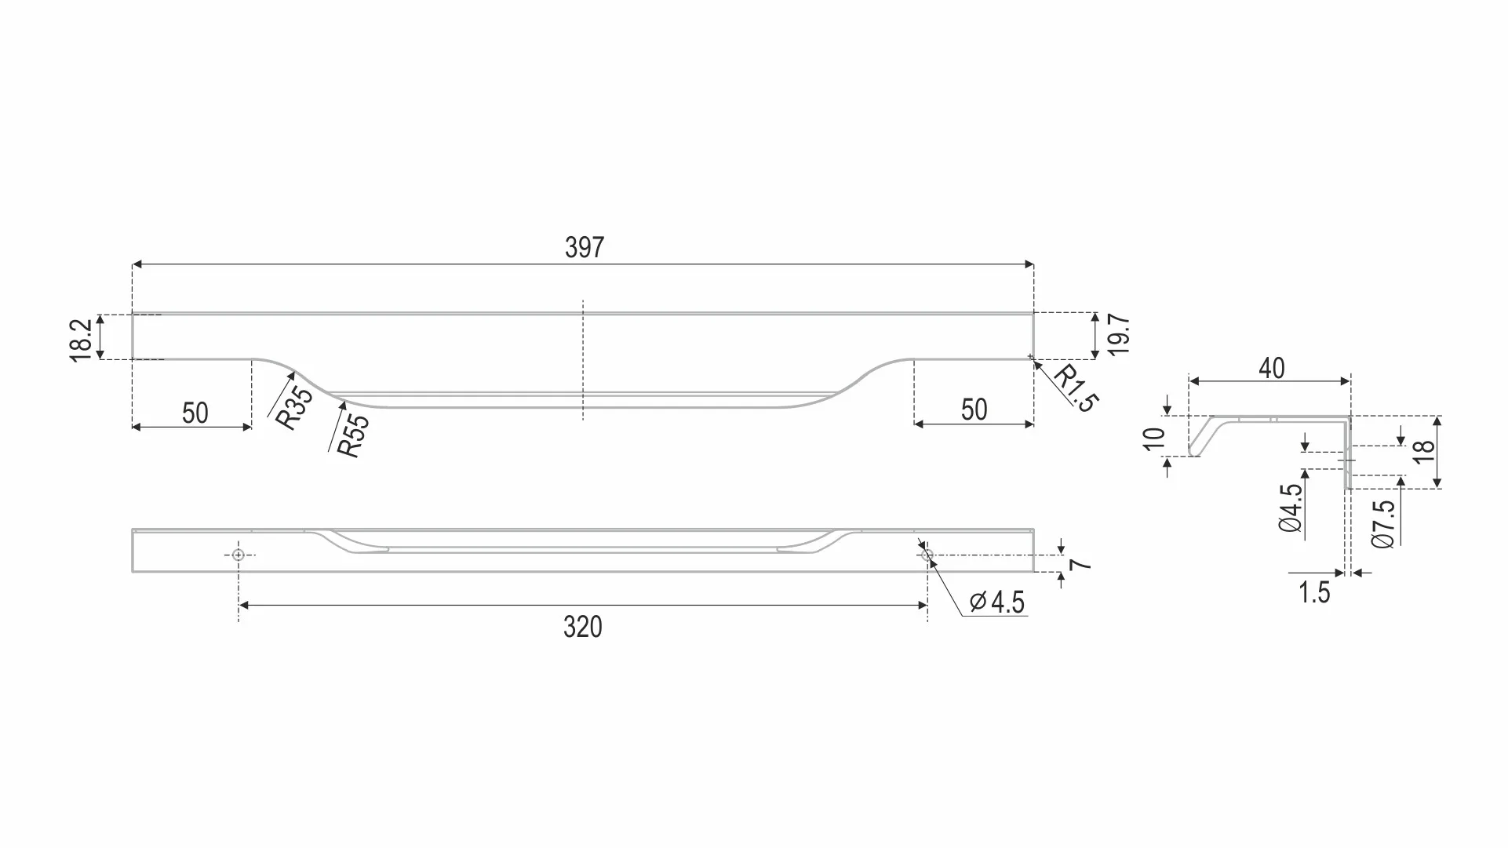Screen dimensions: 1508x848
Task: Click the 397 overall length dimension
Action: [585, 248]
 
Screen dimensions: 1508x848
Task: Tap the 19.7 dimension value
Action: [1120, 335]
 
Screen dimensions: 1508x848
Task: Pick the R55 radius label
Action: [352, 435]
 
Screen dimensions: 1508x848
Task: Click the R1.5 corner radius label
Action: [1074, 388]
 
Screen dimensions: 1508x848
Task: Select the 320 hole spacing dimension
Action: [583, 628]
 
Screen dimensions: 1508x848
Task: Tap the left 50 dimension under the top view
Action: [195, 413]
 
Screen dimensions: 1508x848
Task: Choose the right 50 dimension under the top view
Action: [974, 409]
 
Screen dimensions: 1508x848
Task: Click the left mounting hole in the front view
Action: [239, 555]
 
